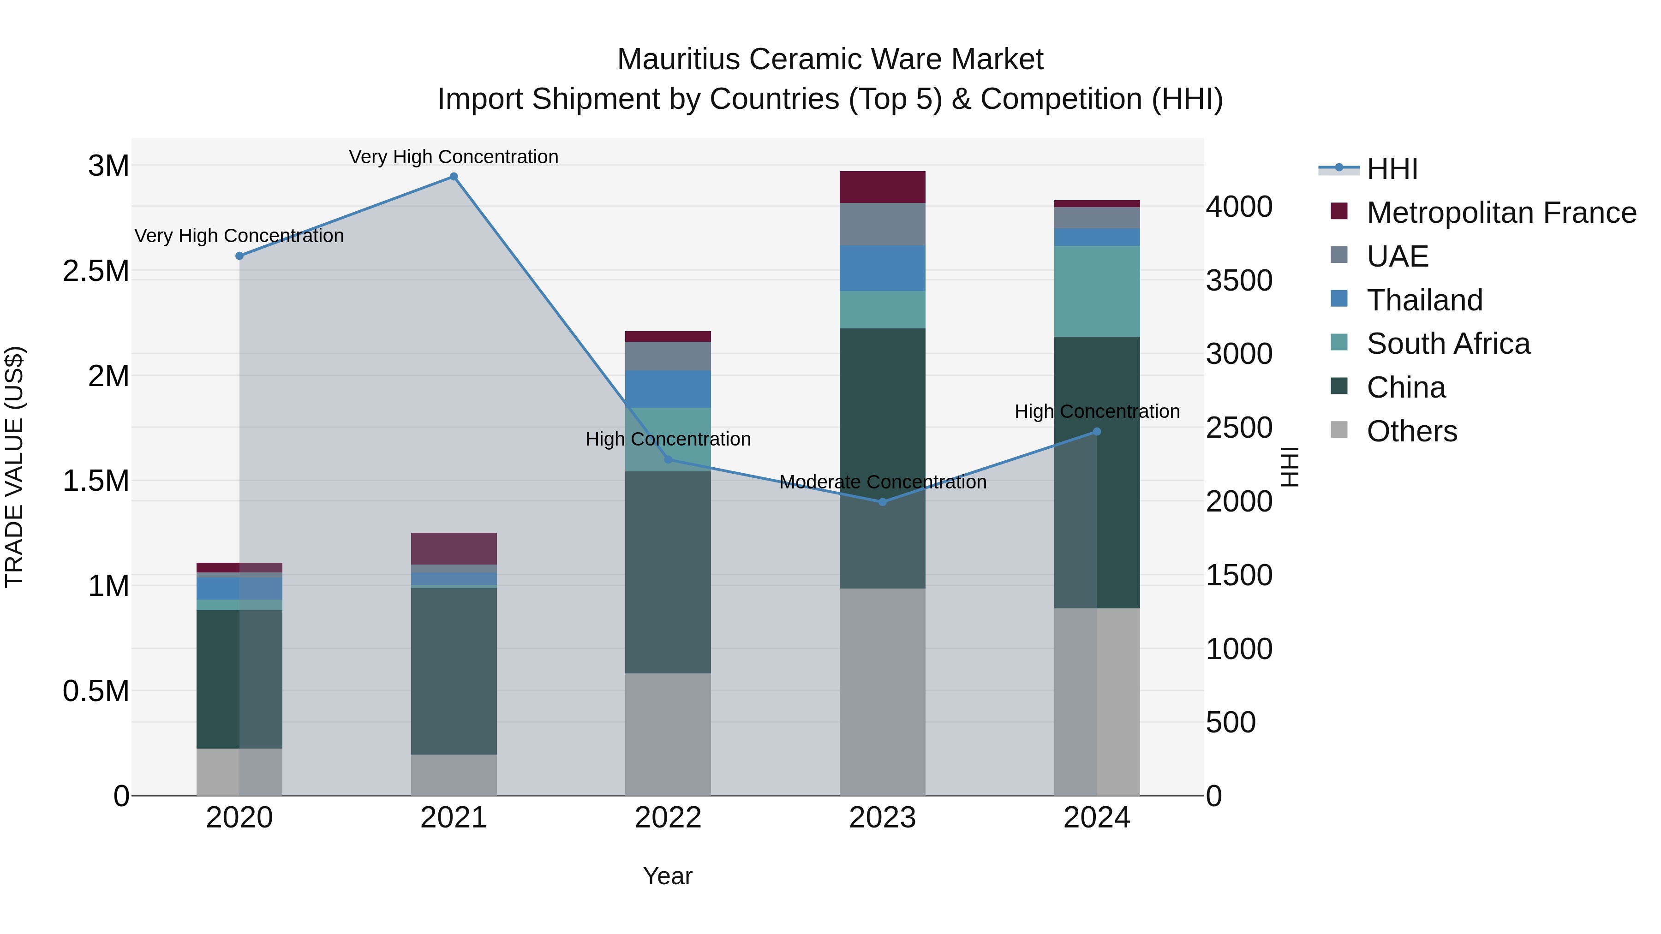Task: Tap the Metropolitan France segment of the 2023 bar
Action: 882,187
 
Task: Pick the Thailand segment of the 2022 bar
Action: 668,389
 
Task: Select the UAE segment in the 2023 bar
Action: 882,224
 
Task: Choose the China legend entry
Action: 1406,388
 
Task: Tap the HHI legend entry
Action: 1392,169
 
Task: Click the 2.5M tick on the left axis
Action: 96,271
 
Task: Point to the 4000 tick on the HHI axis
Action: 1239,207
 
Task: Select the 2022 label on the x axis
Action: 668,818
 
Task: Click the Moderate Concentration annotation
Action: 883,482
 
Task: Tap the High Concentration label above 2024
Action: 1097,411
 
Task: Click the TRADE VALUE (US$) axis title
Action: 14,467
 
